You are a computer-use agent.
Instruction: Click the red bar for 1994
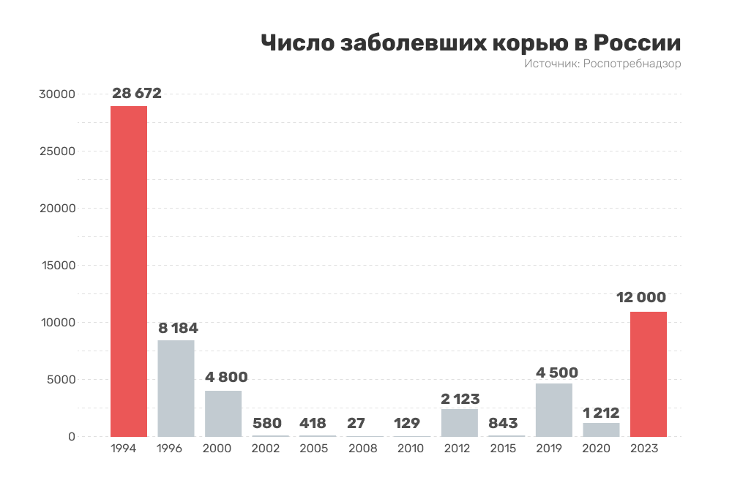pos(129,271)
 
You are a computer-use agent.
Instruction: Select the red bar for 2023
pos(649,374)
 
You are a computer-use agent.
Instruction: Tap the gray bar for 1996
pos(176,388)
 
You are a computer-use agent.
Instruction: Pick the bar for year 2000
pos(223,413)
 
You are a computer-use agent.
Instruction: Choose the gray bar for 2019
pos(554,410)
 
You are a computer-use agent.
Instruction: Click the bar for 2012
pos(460,422)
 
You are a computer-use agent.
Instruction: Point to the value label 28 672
pos(137,94)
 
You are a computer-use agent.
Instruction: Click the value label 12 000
pos(641,297)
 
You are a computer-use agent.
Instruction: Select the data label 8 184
pos(179,328)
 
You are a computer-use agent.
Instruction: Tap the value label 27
pos(365,424)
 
